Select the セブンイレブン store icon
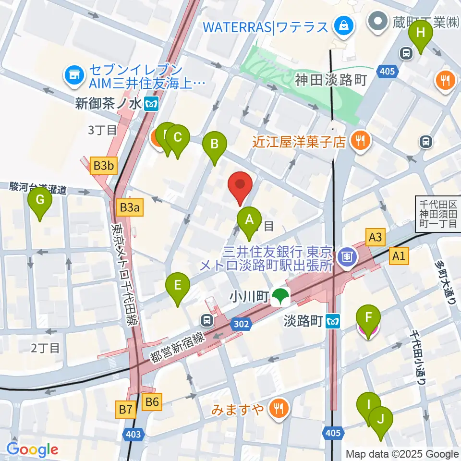(x=73, y=75)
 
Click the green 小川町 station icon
(x=278, y=297)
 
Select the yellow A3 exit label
(x=376, y=237)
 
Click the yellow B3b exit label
(x=104, y=167)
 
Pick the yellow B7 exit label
(x=126, y=410)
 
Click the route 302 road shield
(x=242, y=325)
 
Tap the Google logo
(x=32, y=449)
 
